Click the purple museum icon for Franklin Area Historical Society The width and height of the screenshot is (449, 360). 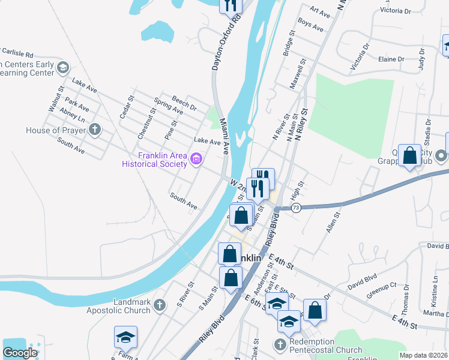click(x=196, y=159)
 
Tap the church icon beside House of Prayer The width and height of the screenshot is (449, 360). click(x=95, y=130)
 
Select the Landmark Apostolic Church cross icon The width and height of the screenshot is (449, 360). click(x=159, y=305)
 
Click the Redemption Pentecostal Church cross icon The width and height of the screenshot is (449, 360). click(x=280, y=344)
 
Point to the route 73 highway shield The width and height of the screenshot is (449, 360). click(x=296, y=207)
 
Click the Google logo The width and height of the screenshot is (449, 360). click(x=20, y=353)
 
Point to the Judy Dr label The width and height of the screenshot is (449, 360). click(x=421, y=61)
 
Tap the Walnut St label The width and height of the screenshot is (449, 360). click(x=55, y=99)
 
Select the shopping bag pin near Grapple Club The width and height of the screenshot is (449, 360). click(x=410, y=157)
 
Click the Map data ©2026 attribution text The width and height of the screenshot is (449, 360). click(x=424, y=355)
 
